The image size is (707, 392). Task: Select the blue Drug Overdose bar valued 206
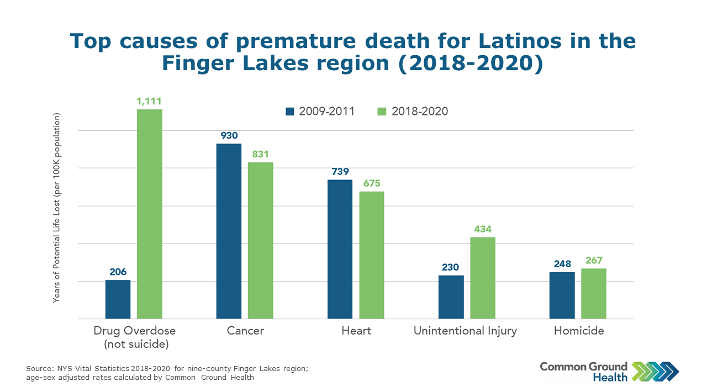click(x=118, y=299)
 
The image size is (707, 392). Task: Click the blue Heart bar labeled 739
click(x=340, y=249)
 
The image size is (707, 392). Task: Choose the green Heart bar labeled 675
click(x=372, y=255)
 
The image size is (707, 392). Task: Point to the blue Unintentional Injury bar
click(x=451, y=296)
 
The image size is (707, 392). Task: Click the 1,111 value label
click(x=150, y=101)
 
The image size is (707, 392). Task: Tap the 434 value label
click(x=483, y=229)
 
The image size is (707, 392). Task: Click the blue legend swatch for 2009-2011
click(x=290, y=112)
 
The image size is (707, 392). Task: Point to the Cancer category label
click(x=245, y=331)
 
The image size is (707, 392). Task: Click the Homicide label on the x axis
click(x=579, y=331)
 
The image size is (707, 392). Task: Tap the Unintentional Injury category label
click(x=466, y=331)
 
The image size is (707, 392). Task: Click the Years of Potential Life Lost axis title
click(x=56, y=208)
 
